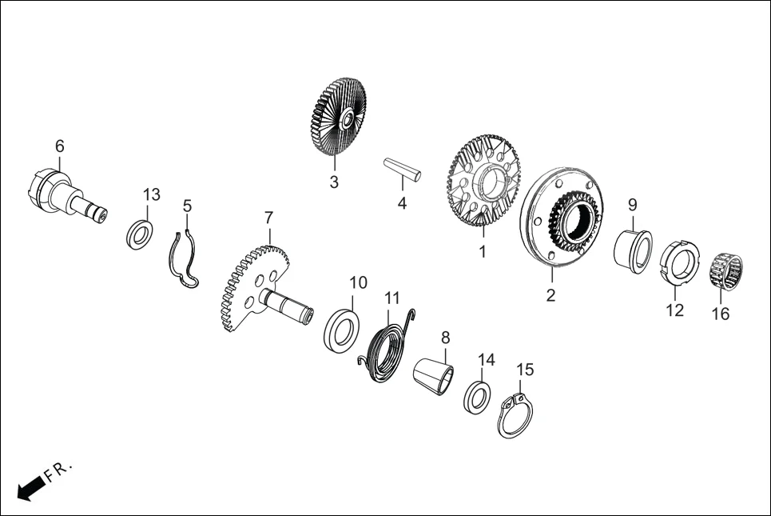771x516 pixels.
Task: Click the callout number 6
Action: (60, 146)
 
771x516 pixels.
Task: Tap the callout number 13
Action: (151, 194)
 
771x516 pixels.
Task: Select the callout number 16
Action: (721, 314)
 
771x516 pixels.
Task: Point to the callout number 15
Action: (525, 370)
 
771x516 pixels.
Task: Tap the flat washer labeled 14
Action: (479, 396)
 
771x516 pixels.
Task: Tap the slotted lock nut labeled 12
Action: (674, 261)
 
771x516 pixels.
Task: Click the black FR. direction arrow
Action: (30, 487)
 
